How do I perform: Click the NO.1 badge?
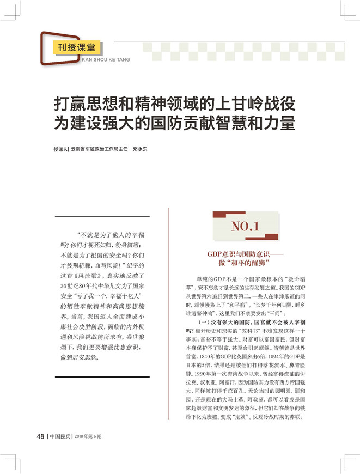(x=245, y=226)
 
